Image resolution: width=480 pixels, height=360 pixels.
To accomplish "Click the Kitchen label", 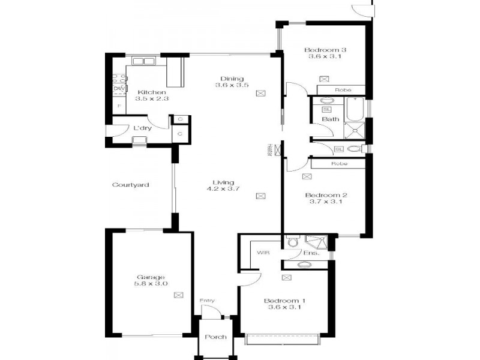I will (146, 92).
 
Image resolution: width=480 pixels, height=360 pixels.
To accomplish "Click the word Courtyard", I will (131, 185).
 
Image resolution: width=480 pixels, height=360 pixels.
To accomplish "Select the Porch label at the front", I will (215, 337).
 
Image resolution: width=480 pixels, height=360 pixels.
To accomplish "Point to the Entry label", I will (207, 301).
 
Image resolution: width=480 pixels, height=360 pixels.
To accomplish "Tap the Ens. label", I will (311, 253).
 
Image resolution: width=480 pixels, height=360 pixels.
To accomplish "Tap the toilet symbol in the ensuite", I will (292, 242).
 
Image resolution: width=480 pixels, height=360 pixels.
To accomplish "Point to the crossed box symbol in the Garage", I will (178, 295).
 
